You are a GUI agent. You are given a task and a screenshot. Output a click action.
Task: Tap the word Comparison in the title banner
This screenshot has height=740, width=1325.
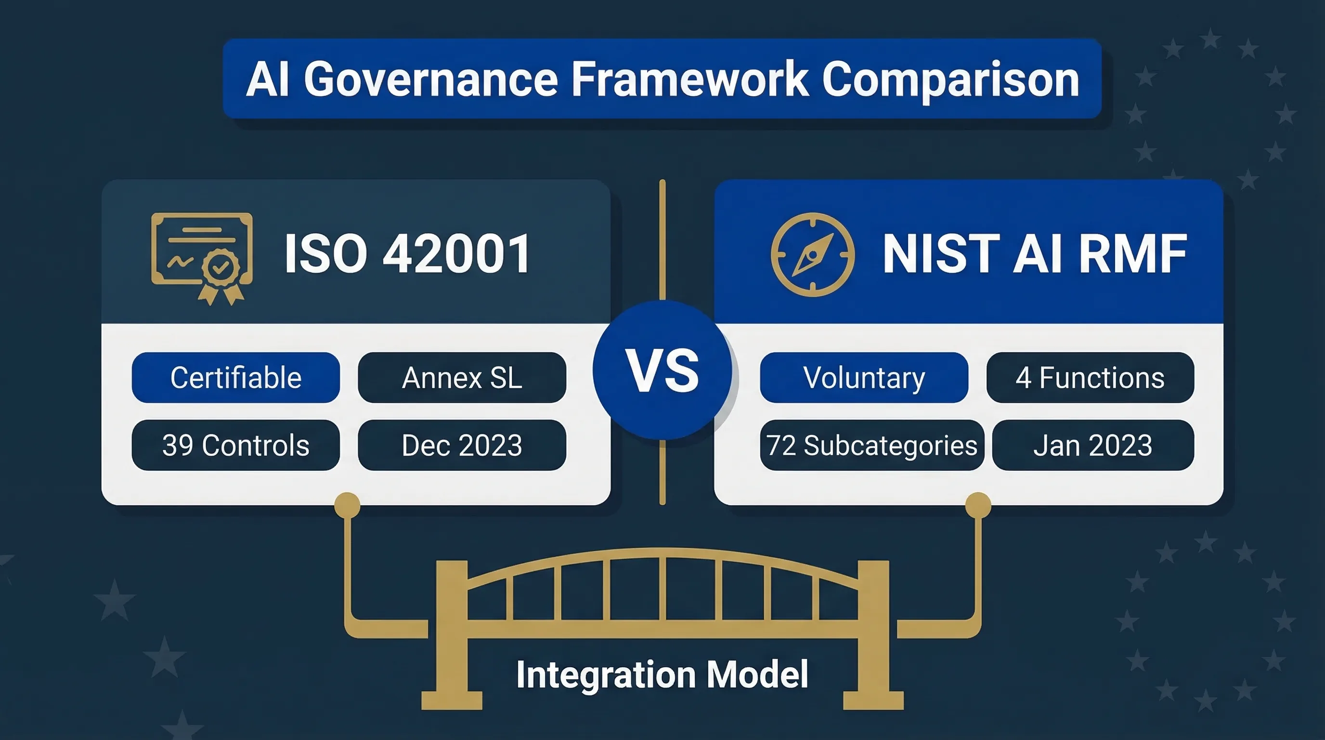click(x=950, y=80)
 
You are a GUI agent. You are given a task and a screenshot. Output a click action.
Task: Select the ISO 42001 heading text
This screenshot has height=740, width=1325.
click(x=407, y=254)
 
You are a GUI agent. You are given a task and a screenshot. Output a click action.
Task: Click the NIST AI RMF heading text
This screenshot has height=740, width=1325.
click(x=1034, y=254)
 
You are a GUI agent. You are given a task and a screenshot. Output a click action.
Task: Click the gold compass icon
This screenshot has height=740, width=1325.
click(x=812, y=255)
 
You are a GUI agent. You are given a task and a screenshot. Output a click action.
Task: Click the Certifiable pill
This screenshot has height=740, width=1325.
click(x=235, y=377)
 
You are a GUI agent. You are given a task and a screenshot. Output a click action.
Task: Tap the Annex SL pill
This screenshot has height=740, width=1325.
click(x=462, y=377)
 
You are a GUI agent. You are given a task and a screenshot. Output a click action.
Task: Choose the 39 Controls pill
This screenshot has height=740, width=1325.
click(x=235, y=445)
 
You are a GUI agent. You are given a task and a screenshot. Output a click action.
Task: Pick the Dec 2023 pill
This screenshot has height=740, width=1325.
click(x=462, y=445)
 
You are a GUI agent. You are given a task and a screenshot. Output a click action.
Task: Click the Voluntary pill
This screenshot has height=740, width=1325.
click(x=864, y=377)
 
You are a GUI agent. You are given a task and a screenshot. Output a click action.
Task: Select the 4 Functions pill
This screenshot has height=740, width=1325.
click(x=1090, y=377)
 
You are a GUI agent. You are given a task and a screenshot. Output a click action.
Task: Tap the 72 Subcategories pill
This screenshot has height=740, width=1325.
click(x=871, y=445)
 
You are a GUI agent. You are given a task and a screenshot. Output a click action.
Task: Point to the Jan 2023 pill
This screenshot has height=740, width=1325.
click(x=1092, y=445)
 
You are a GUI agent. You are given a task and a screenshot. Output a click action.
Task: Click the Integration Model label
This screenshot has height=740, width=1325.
click(x=662, y=674)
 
